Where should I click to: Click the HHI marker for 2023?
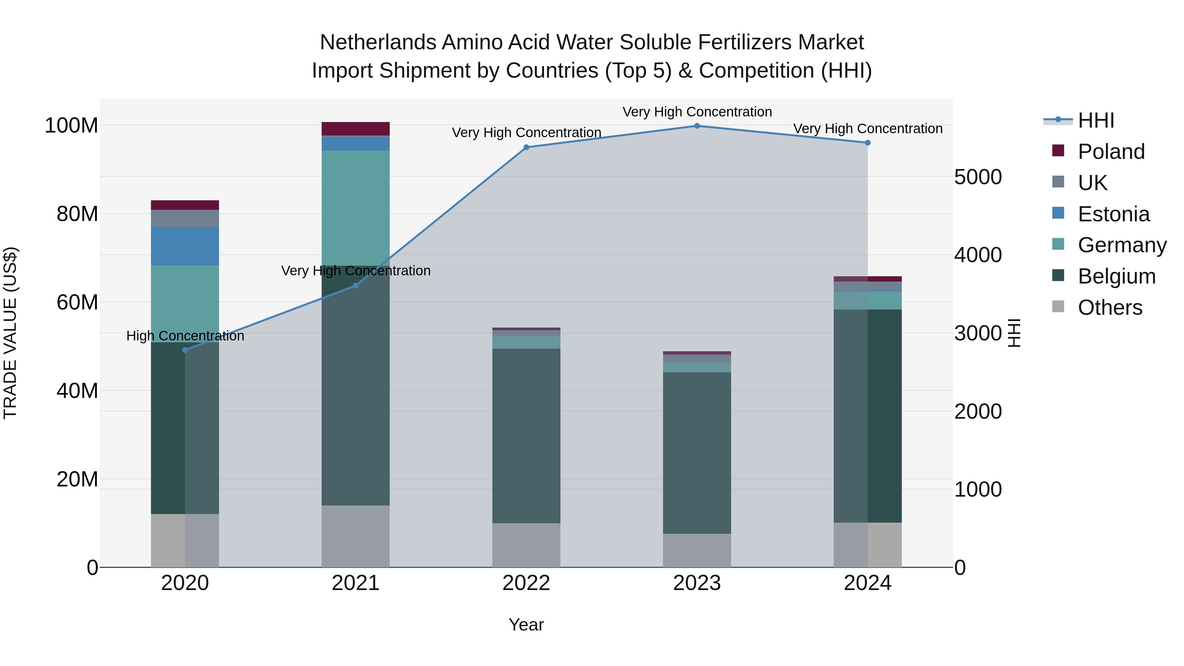(697, 126)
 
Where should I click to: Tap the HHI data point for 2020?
(185, 350)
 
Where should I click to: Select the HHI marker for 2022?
(526, 148)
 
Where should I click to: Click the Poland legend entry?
(1111, 152)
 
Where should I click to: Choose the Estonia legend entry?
(1114, 214)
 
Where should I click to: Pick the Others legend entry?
(1110, 308)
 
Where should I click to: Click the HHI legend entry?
(1096, 120)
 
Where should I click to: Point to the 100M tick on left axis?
(71, 126)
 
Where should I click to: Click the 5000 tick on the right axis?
(978, 177)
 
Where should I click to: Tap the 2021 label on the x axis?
(355, 583)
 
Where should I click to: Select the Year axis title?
(526, 625)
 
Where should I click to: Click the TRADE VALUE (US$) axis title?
(10, 333)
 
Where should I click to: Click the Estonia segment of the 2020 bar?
(185, 246)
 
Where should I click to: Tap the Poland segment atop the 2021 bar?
(355, 129)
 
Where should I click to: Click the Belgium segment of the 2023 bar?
(697, 453)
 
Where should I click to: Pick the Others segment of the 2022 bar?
(526, 545)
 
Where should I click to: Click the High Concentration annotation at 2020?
(185, 336)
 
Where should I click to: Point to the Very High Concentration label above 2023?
(697, 112)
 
